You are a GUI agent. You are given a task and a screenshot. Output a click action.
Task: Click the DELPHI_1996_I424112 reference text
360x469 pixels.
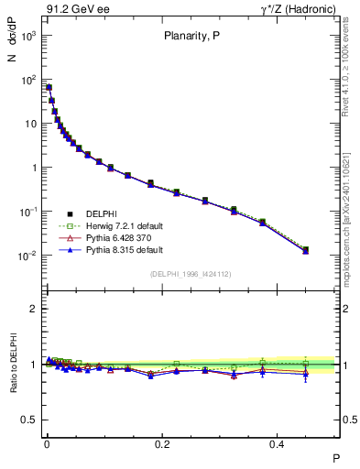(191, 274)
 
